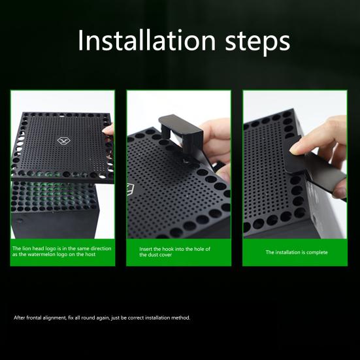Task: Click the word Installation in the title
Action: coord(146,41)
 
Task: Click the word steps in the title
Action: coord(257,42)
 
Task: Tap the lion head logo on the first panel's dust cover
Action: coord(63,140)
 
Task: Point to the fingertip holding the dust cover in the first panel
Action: coord(108,130)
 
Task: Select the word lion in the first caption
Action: coord(27,248)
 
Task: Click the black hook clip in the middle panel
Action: coord(181,134)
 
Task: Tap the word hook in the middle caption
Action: coord(168,249)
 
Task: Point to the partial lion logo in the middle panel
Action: coord(130,189)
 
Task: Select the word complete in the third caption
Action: coord(317,252)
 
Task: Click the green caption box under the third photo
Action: coord(295,252)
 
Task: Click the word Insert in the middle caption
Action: coord(146,249)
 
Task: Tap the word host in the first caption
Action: coord(90,254)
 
